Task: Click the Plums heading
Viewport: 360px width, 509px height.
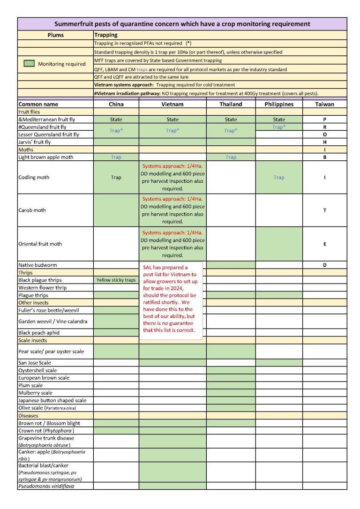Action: (x=55, y=35)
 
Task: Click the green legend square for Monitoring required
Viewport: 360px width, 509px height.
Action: (x=30, y=64)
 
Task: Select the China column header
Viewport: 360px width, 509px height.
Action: (x=116, y=104)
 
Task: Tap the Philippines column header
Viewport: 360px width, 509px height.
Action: (x=278, y=104)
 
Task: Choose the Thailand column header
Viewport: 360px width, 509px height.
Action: (x=231, y=104)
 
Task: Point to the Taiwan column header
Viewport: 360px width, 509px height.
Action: (x=324, y=104)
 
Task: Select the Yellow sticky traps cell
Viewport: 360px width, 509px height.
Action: (x=116, y=280)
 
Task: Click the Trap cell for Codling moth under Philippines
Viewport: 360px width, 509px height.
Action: (x=278, y=178)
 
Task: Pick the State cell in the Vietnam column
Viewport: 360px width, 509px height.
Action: (x=172, y=120)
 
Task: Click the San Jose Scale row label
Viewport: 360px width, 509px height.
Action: (x=35, y=363)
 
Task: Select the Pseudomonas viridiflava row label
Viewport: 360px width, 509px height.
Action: (x=46, y=487)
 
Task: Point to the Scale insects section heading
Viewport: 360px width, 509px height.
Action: (x=32, y=340)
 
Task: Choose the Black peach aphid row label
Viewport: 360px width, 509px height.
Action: (x=39, y=333)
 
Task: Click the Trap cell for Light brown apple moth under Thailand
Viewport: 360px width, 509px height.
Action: (x=231, y=157)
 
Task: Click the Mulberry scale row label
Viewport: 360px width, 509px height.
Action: (x=36, y=393)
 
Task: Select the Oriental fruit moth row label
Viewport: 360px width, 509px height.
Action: (x=40, y=244)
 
